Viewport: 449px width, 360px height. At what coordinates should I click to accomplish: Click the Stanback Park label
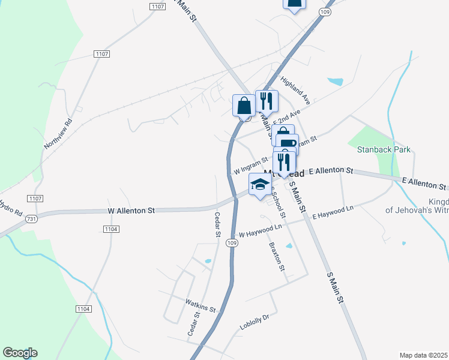tap(384, 149)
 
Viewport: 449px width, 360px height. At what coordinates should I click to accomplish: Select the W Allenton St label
tap(131, 211)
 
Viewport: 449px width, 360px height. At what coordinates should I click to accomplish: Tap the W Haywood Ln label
tap(260, 231)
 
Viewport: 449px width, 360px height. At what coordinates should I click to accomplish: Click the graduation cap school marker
tap(259, 184)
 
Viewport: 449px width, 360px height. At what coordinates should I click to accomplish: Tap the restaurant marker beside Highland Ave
tap(266, 100)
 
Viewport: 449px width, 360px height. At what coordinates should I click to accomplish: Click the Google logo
tap(20, 353)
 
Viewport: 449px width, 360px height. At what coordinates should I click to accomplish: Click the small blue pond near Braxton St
tap(289, 246)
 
